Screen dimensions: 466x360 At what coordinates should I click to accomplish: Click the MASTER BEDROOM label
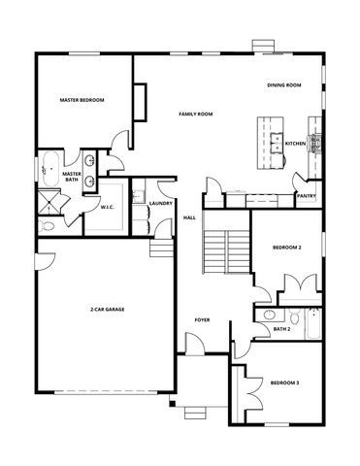(x=82, y=100)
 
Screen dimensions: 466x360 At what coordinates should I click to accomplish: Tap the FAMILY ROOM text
(x=196, y=114)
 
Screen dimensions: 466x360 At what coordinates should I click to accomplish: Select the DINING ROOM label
(x=284, y=85)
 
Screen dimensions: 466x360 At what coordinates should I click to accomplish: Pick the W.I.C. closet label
(x=109, y=206)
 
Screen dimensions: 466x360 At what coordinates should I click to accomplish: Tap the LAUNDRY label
(x=162, y=203)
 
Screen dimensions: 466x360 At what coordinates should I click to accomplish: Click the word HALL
(x=189, y=217)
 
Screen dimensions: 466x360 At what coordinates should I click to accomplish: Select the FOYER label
(x=202, y=318)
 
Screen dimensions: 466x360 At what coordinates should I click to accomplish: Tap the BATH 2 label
(x=281, y=329)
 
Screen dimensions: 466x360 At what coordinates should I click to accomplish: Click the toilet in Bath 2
(x=296, y=316)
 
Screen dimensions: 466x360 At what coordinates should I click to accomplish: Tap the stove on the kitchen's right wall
(x=314, y=145)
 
